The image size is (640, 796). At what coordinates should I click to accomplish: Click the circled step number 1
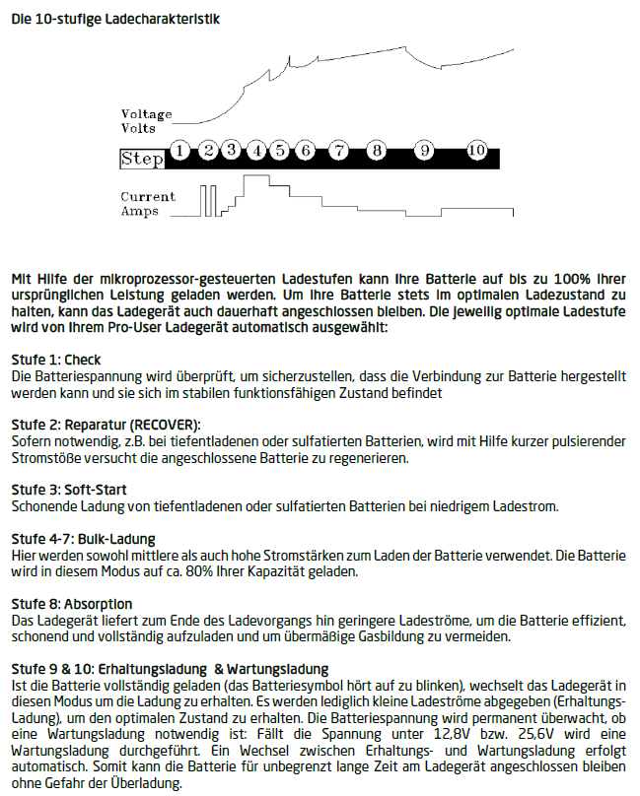click(179, 151)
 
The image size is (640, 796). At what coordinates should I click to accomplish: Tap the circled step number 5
click(280, 151)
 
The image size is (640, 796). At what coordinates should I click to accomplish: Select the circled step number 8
click(376, 151)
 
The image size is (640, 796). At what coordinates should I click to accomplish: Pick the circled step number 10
click(476, 151)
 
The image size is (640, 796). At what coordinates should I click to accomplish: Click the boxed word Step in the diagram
click(142, 159)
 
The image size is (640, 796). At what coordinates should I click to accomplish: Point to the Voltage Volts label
click(146, 121)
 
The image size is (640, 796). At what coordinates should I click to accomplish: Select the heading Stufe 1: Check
click(55, 360)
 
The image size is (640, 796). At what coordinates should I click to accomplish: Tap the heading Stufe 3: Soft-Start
click(68, 490)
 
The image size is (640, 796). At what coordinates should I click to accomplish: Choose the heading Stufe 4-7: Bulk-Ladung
click(83, 539)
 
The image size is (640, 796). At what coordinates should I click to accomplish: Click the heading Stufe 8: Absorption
click(71, 603)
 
